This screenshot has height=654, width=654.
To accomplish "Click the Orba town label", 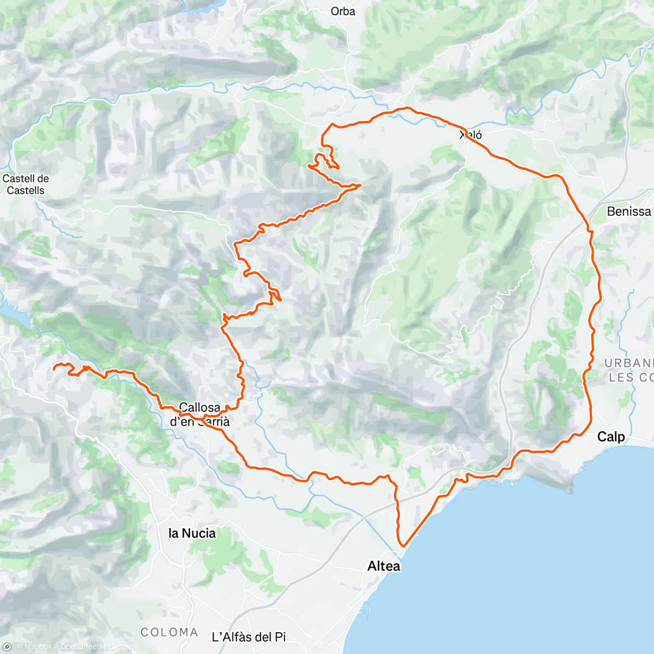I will (343, 11).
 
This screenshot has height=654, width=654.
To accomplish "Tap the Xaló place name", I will (470, 135).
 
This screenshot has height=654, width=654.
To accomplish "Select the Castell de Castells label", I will (26, 184).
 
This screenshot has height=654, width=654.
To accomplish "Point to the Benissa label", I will (629, 211).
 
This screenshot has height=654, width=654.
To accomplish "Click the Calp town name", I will (611, 437).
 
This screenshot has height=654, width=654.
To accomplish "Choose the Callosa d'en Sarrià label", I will (199, 414).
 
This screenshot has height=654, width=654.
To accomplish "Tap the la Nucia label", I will (192, 533).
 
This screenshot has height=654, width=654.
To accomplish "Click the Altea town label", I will (384, 566).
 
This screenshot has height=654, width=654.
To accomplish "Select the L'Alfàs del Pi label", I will (249, 637).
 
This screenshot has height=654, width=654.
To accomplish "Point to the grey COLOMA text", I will (169, 632).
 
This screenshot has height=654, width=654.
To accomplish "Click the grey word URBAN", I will (628, 363).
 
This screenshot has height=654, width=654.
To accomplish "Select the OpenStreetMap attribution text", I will (87, 647).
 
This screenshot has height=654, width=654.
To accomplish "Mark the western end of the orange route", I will (53, 369).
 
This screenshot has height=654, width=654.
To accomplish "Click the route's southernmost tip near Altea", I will (403, 545).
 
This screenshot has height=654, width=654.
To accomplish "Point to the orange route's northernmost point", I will (404, 108).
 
